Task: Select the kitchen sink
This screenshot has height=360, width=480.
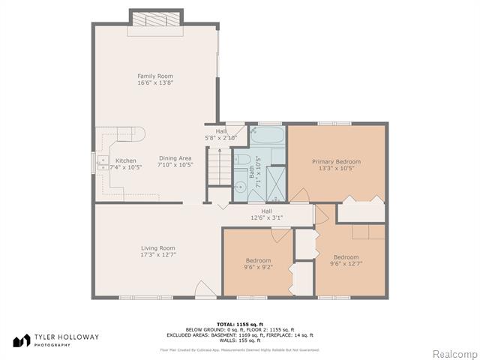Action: tap(102, 163)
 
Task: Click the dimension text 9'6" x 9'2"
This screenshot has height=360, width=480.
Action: tap(257, 267)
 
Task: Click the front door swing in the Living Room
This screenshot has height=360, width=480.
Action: tap(204, 289)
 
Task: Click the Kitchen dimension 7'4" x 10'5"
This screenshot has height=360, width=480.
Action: tap(126, 167)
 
